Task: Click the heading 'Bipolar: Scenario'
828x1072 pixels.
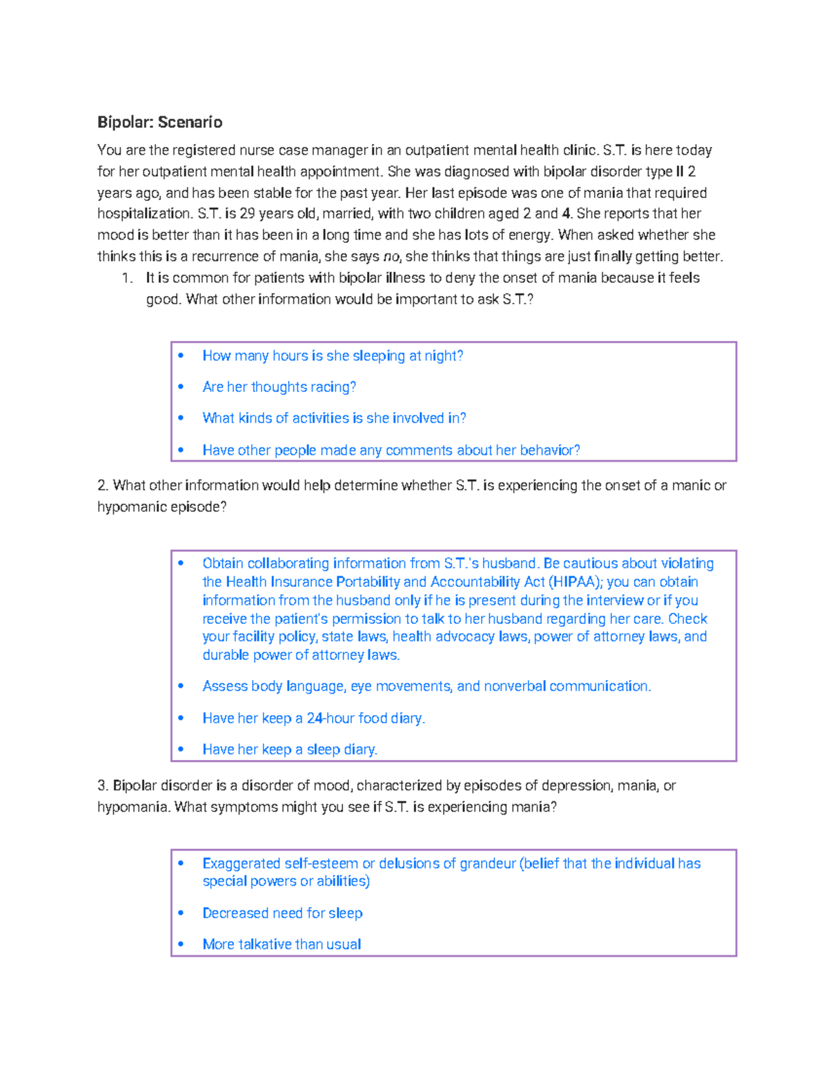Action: point(159,122)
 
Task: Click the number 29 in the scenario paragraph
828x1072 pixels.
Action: point(247,213)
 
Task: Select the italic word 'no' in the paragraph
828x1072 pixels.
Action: point(391,257)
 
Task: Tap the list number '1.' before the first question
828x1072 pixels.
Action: point(127,278)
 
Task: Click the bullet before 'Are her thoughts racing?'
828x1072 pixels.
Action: point(181,387)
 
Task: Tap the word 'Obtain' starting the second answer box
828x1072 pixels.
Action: point(222,563)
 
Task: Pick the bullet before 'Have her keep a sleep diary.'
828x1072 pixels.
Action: point(181,749)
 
